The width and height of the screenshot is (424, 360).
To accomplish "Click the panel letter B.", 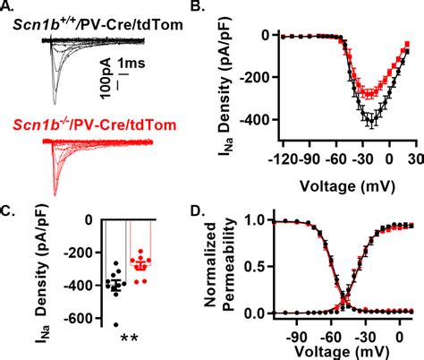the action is [198, 5].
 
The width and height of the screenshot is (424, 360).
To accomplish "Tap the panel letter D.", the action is [198, 211].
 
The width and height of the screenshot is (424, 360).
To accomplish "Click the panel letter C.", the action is [6, 211].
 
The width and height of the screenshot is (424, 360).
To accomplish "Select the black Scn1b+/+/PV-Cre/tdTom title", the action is [98, 24].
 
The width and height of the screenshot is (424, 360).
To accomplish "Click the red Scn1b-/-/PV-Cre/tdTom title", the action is [95, 124].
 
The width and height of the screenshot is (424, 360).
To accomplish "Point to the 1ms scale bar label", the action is [131, 64].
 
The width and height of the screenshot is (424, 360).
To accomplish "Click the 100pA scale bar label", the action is [106, 79].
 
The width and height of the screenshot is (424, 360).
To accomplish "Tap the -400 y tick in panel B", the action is [258, 119].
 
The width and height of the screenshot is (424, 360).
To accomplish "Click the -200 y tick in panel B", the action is [258, 77].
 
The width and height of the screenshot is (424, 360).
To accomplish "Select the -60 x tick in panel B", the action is [335, 159].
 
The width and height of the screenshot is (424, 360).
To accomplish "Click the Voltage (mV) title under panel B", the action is [347, 186].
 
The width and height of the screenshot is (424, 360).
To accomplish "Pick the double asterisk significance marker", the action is [129, 339].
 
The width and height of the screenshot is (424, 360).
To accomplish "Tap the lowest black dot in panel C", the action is [115, 325].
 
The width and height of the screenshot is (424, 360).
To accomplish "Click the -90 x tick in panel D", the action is [296, 339].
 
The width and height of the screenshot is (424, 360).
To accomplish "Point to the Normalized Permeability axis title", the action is [220, 265].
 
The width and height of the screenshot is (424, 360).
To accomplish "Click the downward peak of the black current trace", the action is [55, 104].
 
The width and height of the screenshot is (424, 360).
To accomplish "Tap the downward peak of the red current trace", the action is [55, 195].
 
